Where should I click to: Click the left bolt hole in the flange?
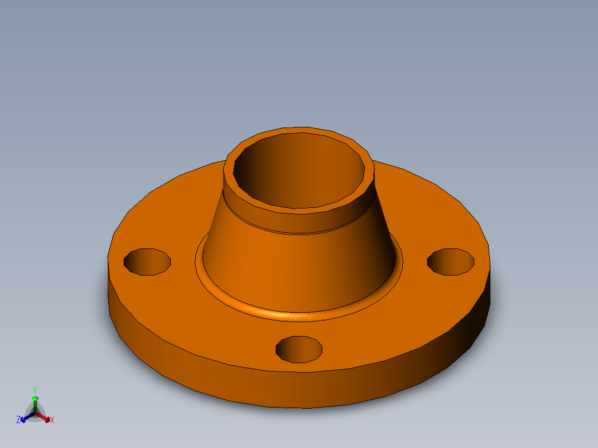(146, 262)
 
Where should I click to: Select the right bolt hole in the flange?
(450, 261)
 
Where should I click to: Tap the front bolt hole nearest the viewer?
(299, 349)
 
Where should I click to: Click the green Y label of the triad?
(35, 390)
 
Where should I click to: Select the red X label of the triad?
(52, 420)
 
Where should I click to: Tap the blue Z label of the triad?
(18, 420)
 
